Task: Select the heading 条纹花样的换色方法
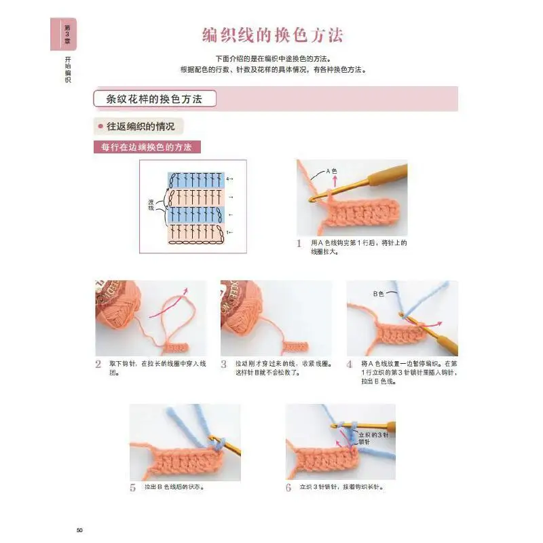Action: click(155, 99)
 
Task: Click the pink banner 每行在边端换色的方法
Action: click(147, 147)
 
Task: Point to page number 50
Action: click(79, 529)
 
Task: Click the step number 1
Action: click(299, 243)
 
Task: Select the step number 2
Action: click(99, 364)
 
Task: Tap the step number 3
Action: click(224, 364)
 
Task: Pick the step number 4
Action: click(350, 364)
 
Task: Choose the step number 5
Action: click(133, 487)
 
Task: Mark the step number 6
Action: click(288, 487)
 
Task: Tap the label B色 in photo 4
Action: click(378, 293)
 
